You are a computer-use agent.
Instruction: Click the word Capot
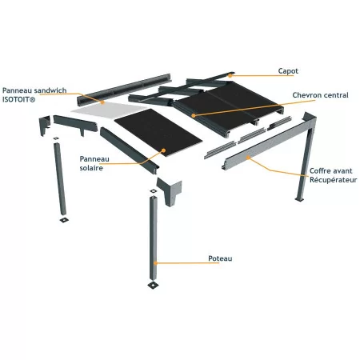click(289, 70)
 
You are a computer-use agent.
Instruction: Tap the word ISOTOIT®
click(19, 101)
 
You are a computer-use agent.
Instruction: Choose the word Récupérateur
click(333, 179)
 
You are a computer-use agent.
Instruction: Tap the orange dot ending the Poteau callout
click(157, 262)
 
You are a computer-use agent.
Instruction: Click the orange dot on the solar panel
click(163, 150)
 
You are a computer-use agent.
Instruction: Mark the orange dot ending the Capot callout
click(232, 74)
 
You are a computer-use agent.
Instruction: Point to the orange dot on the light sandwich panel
click(103, 102)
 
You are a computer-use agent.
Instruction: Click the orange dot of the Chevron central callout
click(194, 115)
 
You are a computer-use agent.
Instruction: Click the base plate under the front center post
click(152, 284)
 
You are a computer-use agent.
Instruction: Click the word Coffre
click(320, 170)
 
